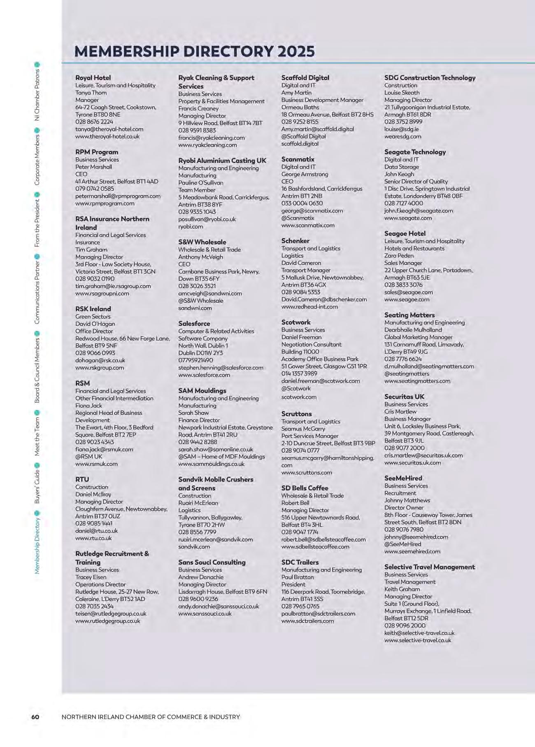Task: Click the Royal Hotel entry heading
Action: point(93,78)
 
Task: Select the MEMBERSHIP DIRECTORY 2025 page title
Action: point(195,51)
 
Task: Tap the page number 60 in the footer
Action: point(35,717)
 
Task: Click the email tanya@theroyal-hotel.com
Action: point(109,129)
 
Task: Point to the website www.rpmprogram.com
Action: point(105,203)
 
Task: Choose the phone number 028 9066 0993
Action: point(95,353)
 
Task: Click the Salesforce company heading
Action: point(194,324)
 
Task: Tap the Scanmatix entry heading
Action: point(298,159)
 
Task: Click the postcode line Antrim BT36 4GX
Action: point(304,285)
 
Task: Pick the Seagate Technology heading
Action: point(415,152)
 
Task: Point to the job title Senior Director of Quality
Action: point(416,182)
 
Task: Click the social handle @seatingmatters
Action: point(407,374)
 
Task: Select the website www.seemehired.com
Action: point(412,551)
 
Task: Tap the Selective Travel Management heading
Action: point(430,567)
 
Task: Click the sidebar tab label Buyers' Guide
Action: point(37,487)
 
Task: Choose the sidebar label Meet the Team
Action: point(37,437)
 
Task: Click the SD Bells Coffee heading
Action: point(305,488)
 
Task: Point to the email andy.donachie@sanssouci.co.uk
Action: point(219,607)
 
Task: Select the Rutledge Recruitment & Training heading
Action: point(112,558)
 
